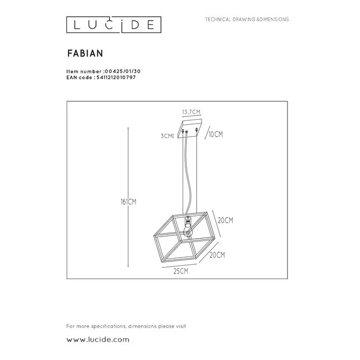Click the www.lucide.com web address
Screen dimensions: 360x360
tap(97, 338)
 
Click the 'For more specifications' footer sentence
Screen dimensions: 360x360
tap(126, 326)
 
